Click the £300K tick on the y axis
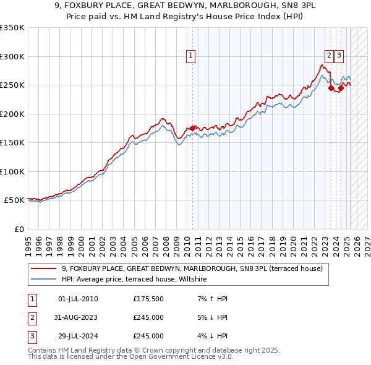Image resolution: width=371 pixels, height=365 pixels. click(12, 56)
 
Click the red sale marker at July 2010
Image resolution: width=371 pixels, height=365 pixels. click(192, 128)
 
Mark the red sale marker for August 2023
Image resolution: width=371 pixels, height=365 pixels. click(331, 88)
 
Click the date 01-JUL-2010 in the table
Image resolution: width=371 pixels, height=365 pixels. click(78, 299)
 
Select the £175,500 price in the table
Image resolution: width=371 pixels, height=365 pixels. click(148, 299)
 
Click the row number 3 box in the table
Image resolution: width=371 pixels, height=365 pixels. click(31, 336)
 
